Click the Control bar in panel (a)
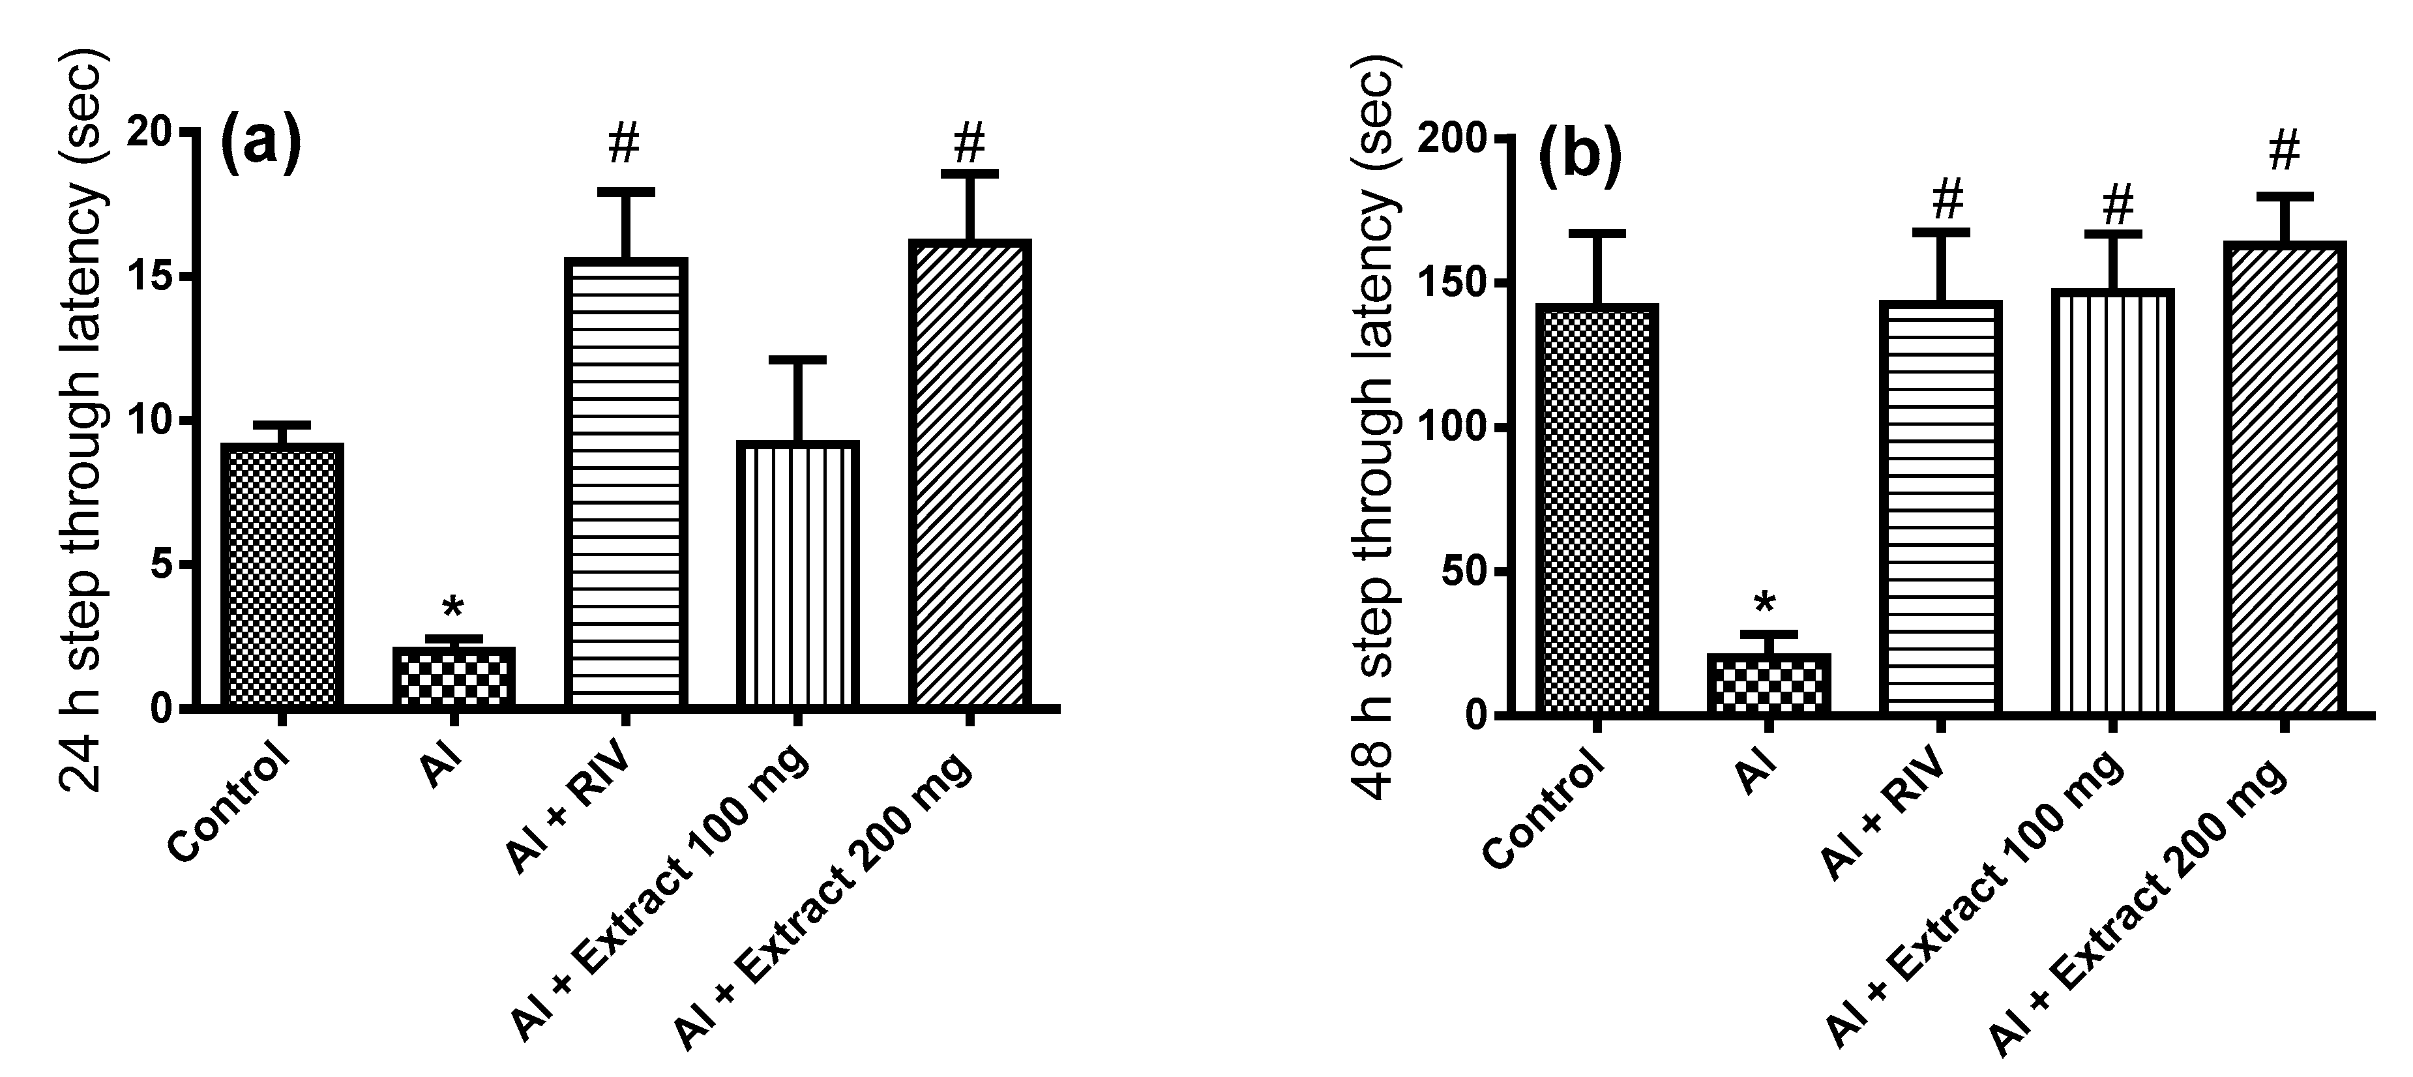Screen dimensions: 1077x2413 pyautogui.click(x=282, y=575)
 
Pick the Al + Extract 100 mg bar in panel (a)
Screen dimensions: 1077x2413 pyautogui.click(x=797, y=573)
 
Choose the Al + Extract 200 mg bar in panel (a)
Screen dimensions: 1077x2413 pyautogui.click(x=970, y=473)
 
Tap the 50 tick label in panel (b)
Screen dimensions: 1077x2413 pyautogui.click(x=1465, y=572)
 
